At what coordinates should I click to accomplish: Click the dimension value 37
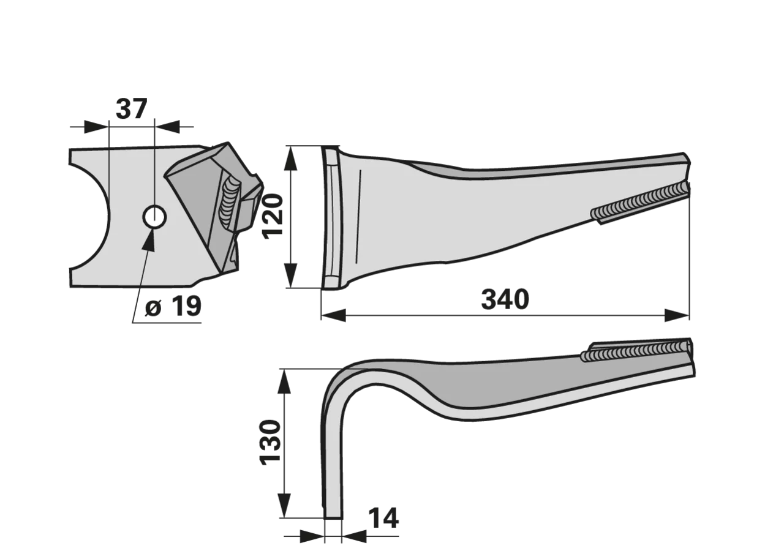click(131, 109)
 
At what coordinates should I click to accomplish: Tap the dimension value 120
click(273, 217)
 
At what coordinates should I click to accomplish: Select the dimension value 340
click(505, 299)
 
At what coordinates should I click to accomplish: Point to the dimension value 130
click(270, 443)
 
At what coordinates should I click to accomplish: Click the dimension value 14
click(383, 518)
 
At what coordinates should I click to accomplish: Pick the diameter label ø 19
click(173, 306)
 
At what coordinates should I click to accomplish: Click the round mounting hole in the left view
click(154, 217)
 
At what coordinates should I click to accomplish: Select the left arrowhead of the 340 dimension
click(334, 315)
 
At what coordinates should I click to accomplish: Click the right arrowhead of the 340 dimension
click(677, 315)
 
